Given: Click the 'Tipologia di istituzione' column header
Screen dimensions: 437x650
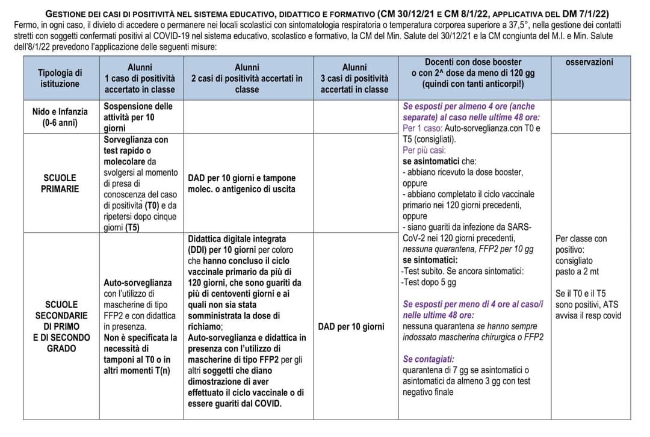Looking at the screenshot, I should coord(60,78).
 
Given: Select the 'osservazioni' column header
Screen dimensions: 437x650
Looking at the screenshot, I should coord(589,62).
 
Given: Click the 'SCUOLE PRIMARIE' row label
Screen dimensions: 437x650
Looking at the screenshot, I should coord(60,184).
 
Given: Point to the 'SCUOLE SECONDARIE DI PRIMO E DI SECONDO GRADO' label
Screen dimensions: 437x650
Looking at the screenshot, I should coord(60,326).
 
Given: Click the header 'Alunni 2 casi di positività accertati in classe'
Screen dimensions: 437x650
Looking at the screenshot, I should coord(247,78).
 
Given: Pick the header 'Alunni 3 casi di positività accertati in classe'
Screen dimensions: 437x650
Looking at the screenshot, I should coord(354,78).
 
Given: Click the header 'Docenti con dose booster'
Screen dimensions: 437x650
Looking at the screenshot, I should coord(473,63).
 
